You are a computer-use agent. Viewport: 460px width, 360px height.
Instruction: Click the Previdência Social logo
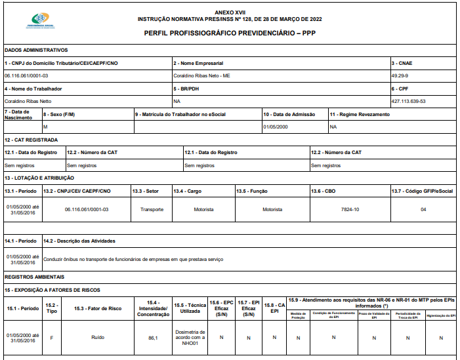44,21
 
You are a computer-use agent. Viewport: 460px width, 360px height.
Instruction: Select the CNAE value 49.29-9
400,75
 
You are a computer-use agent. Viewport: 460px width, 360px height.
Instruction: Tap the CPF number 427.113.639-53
408,101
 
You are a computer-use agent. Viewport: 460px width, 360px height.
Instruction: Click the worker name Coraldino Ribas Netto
28,101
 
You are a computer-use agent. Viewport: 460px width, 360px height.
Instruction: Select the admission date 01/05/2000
276,127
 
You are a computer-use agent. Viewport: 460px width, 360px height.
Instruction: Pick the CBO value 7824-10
350,209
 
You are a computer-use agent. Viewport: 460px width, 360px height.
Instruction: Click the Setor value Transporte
152,209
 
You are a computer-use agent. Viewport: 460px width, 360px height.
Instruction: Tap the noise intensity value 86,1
153,337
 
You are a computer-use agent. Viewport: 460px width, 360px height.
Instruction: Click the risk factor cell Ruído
97,337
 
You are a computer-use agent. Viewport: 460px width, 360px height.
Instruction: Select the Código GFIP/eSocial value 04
423,209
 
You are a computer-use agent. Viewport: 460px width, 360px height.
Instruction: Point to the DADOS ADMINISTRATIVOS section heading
36,50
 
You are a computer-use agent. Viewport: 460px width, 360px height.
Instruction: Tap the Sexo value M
45,127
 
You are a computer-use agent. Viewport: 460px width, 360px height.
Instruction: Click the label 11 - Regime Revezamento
360,114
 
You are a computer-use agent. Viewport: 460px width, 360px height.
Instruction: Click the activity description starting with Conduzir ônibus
133,258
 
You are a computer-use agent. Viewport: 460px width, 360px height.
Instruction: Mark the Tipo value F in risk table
51,337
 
